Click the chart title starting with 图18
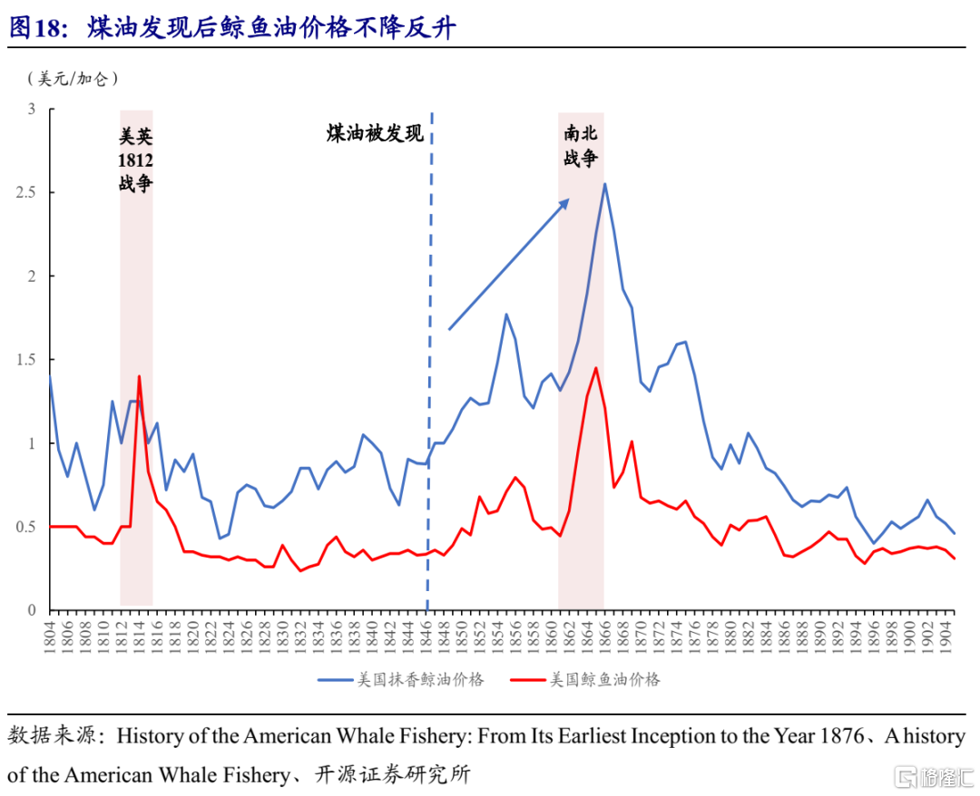(232, 28)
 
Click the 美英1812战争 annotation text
(136, 160)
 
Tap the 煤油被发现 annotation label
(375, 134)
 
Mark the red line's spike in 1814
(139, 376)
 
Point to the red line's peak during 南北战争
(595, 368)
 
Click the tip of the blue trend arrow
(568, 200)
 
